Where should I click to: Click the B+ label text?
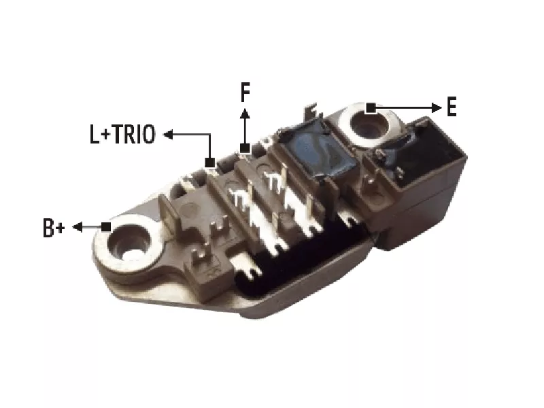(54, 228)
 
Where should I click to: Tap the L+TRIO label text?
(122, 134)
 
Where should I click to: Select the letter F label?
(245, 92)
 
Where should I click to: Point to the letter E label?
(452, 107)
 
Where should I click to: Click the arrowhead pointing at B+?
(78, 227)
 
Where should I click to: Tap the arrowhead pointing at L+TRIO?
(168, 134)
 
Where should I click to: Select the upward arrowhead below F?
(245, 114)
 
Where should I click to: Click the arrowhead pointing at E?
(437, 108)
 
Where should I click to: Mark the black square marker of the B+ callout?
(106, 227)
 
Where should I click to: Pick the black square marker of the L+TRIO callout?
(210, 163)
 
